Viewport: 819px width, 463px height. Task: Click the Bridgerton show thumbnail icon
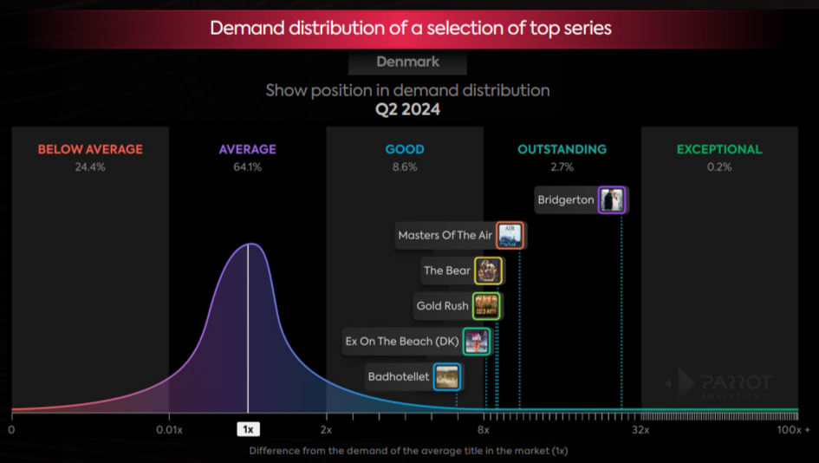[x=612, y=200]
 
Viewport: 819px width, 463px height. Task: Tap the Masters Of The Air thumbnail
[x=510, y=235]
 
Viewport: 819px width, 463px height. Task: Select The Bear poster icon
[x=488, y=271]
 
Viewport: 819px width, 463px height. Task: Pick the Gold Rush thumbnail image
[x=485, y=306]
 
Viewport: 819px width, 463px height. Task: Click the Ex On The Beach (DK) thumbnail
[x=477, y=342]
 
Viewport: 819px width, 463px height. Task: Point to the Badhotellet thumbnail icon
[x=447, y=377]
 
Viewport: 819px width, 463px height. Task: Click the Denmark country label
[x=407, y=62]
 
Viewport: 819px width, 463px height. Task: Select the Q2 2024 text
[x=407, y=110]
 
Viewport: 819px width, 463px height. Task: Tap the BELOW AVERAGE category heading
[x=90, y=149]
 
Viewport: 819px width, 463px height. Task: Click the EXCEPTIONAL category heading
[x=719, y=149]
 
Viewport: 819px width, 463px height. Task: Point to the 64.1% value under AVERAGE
[x=248, y=166]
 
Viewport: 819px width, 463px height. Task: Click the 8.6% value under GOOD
[x=405, y=166]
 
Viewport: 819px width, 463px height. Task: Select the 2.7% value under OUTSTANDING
[x=562, y=166]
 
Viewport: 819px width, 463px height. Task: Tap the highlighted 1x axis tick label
[x=248, y=429]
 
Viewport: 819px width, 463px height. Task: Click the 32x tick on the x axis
[x=640, y=429]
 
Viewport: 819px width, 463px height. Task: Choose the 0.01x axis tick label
[x=169, y=429]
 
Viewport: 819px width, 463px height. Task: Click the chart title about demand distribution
[x=411, y=28]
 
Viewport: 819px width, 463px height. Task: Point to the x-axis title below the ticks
[x=408, y=451]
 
